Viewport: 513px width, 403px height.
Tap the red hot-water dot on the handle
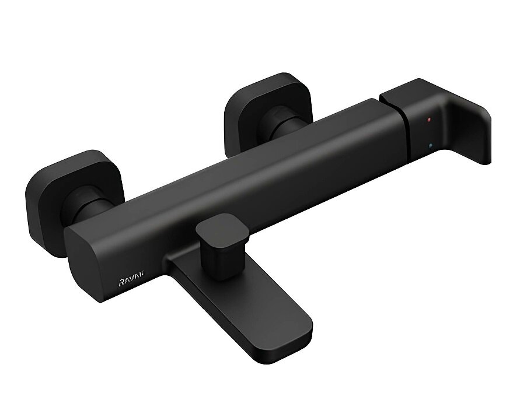pos(429,120)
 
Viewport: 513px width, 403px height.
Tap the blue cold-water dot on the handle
pos(430,146)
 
